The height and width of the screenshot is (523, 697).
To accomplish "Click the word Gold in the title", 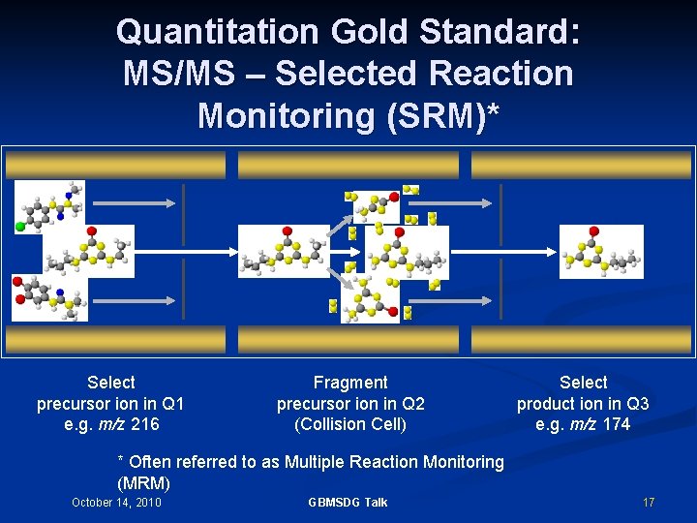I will point(371,32).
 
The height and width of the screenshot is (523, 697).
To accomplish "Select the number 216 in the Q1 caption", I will point(145,424).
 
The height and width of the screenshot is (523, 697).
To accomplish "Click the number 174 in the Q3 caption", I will point(616,424).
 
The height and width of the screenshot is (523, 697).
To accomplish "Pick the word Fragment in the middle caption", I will point(350,383).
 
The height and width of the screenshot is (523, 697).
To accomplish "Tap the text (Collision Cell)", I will point(350,424).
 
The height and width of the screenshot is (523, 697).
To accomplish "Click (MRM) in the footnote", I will point(143,482).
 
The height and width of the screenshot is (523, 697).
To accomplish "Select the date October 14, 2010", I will point(116,502).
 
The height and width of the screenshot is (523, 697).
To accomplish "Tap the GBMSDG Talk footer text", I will point(348,502).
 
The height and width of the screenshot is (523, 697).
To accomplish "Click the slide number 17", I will point(649,502).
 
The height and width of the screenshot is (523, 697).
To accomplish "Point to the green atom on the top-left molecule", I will point(20,227).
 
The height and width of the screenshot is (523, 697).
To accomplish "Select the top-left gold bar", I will point(115,165).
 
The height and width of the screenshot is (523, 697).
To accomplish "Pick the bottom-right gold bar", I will point(581,339).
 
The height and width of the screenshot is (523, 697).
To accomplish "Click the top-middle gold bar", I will point(348,165).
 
